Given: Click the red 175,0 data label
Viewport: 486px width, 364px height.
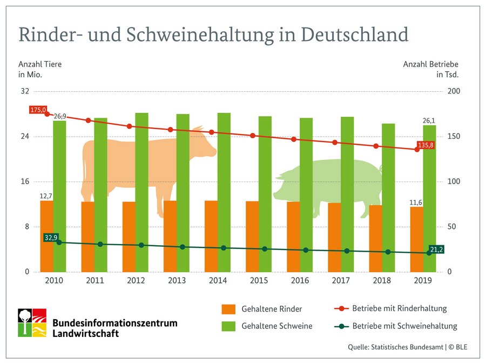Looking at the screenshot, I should tap(38, 110).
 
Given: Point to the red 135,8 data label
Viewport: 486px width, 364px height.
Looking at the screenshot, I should tap(426, 145).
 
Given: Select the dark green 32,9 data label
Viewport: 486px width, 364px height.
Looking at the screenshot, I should tap(51, 237).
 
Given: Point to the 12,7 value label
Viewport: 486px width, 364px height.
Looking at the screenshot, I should tap(46, 196).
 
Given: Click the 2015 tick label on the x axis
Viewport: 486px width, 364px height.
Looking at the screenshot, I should tap(259, 281).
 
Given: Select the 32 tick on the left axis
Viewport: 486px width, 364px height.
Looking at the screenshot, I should tap(24, 91).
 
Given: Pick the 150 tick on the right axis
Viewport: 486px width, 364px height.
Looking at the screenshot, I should tap(455, 136).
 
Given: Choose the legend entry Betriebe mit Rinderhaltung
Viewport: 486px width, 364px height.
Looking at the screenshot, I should tap(399, 309).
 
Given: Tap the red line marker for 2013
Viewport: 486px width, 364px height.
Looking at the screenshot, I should tap(170, 130).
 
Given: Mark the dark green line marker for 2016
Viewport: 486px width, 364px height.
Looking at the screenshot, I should tap(306, 250).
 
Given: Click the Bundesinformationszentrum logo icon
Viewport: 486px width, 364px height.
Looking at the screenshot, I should tap(32, 323).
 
